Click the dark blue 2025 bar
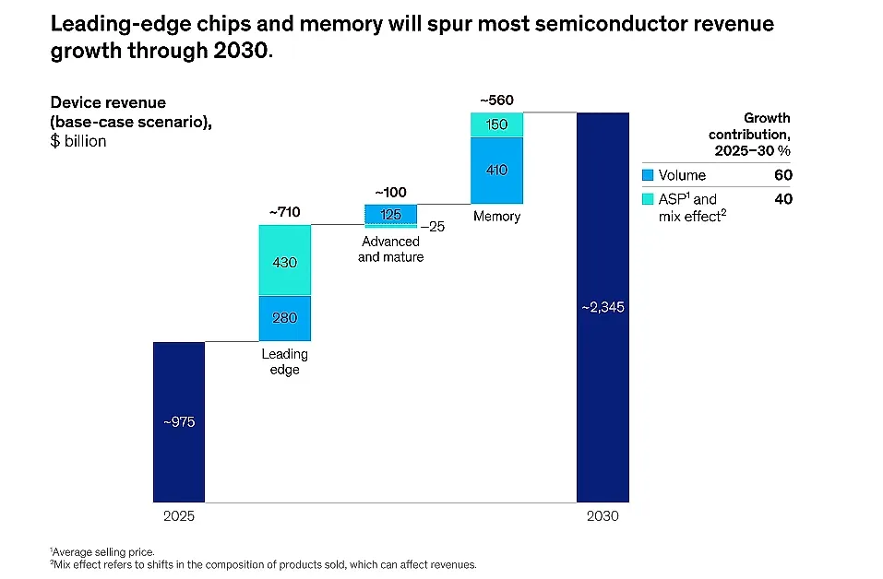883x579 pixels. pos(179,422)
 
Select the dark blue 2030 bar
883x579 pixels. pos(603,307)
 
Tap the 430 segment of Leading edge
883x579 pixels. pos(285,260)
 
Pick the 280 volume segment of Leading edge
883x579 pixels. pos(285,318)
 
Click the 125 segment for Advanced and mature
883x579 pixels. pos(391,215)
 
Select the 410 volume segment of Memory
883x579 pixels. pos(496,170)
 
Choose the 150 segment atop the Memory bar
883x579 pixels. pos(496,124)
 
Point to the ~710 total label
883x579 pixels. pos(285,212)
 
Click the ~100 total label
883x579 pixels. pos(391,193)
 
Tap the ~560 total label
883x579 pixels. pos(496,100)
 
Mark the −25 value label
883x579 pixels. pos(433,227)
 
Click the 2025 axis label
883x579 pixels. pos(179,516)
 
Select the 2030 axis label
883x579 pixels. pos(603,516)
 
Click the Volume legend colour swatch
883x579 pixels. pos(648,175)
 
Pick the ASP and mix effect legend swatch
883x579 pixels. pos(648,198)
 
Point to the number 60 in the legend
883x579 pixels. pos(783,175)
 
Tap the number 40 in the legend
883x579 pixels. pos(783,199)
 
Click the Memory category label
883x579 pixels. pos(496,216)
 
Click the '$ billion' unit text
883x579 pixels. pos(78,141)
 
